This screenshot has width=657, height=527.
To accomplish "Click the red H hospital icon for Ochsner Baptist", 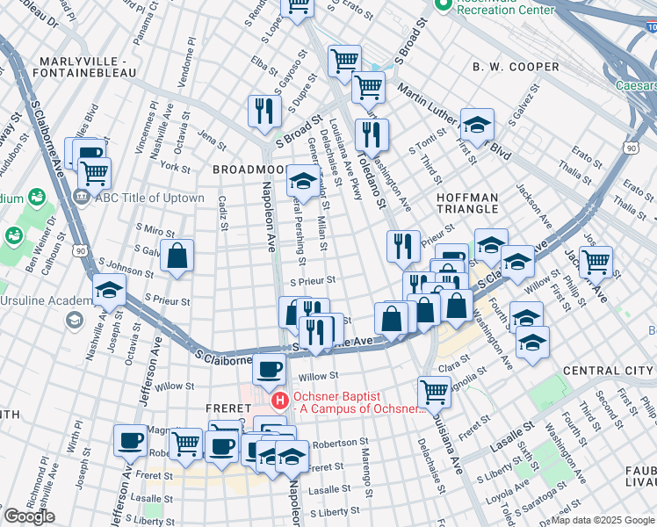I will pos(280,401).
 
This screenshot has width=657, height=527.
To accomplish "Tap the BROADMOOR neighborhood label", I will pos(249,168).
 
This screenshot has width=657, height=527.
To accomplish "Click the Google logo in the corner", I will pos(29,516).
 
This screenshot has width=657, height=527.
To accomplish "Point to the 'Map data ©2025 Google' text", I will pos(603,520).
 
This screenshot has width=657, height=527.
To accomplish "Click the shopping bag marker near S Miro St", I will pos(177,256).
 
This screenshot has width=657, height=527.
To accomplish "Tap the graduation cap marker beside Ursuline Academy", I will pos(109,289).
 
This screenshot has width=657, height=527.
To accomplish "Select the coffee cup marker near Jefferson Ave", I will pos(131,440).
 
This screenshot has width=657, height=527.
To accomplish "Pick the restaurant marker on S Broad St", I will pos(264,110).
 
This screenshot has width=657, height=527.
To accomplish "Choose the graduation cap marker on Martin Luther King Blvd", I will pos(477,124).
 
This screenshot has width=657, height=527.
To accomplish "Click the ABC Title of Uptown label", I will pos(148,198).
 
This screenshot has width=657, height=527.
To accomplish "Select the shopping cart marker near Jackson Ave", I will pos(596,260).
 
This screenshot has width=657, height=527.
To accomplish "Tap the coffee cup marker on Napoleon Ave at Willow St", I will pos(269,370).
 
